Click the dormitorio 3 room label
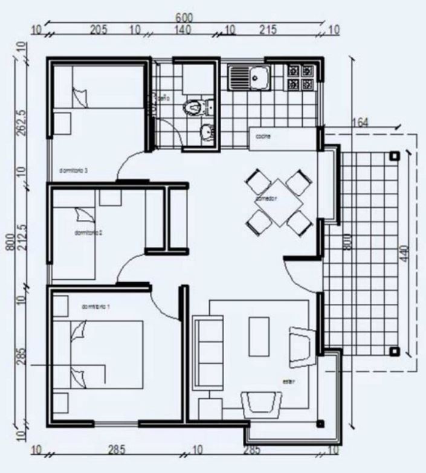tap(74, 171)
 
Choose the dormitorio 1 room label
tap(95, 307)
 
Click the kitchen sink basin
tap(260, 77)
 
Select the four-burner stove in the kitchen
tap(300, 77)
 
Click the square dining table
tap(279, 202)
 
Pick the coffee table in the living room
tap(259, 336)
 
